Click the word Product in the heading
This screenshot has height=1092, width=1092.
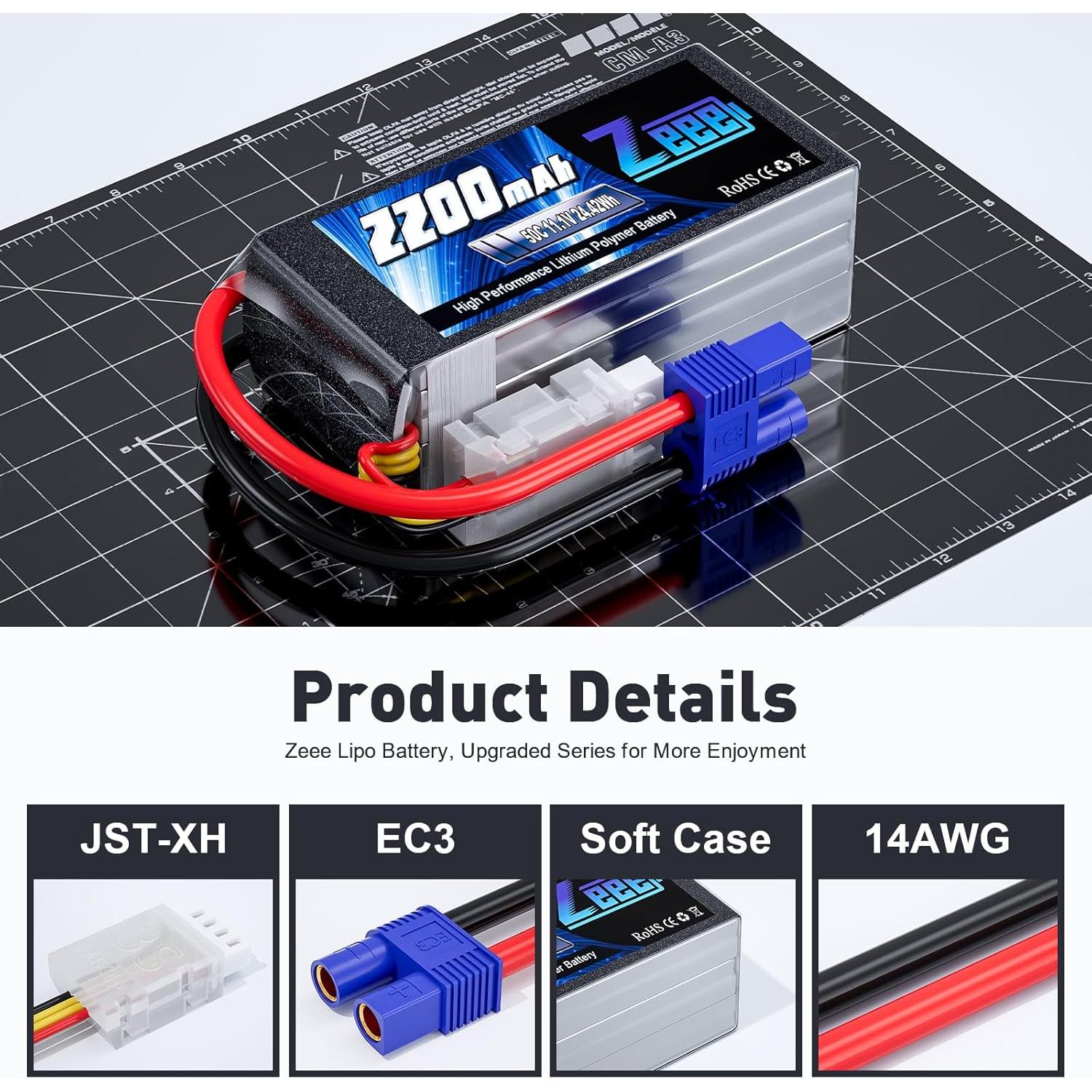(420, 697)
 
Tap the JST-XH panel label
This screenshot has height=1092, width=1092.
(153, 839)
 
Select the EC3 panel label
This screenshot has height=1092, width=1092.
(415, 839)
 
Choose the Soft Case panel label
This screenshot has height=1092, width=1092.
(676, 839)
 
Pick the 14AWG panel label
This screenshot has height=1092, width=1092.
(938, 839)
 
